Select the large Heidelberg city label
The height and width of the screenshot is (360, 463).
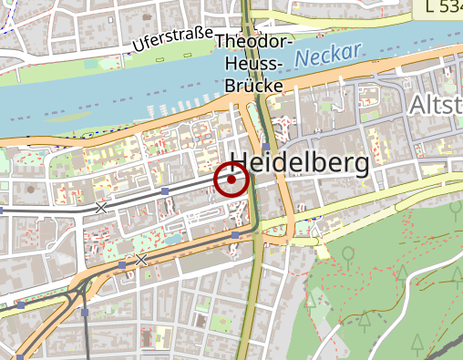click(300, 164)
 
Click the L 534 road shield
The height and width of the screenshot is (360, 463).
click(443, 8)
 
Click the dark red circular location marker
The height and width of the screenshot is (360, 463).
click(231, 180)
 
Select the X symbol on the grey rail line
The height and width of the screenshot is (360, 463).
click(101, 207)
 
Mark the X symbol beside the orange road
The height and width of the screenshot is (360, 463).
click(141, 260)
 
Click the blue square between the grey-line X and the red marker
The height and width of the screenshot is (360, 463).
click(165, 191)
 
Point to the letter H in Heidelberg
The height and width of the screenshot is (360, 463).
click(241, 164)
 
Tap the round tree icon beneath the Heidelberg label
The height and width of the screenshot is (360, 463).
click(347, 253)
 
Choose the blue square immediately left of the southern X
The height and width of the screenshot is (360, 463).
click(122, 264)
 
